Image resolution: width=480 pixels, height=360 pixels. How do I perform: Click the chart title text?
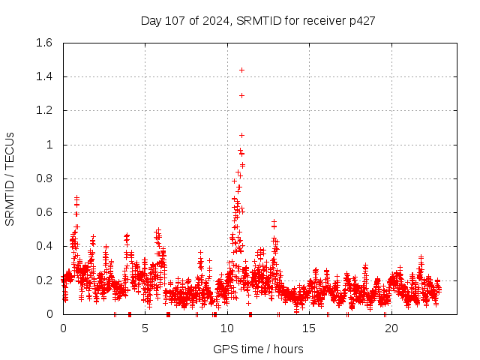click(x=258, y=20)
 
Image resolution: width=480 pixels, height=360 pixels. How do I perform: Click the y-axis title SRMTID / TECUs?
click(x=10, y=178)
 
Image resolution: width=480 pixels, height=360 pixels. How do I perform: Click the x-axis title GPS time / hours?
click(x=258, y=349)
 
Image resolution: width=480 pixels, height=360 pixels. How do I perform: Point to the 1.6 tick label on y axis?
click(x=43, y=43)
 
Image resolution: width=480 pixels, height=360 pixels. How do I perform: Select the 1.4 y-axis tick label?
click(x=43, y=76)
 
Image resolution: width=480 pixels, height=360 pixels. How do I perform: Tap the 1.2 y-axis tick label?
click(x=43, y=110)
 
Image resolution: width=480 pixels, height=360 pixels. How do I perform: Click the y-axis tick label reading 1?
click(x=49, y=145)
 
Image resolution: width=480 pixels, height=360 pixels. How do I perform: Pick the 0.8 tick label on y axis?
click(x=43, y=178)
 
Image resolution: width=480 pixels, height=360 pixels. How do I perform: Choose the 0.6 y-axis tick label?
click(x=43, y=212)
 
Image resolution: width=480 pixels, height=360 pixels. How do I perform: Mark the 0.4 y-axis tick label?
click(x=43, y=246)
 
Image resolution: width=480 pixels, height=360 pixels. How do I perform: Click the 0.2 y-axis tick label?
click(x=43, y=280)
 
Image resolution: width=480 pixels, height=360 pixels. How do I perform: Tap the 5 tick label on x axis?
click(x=145, y=328)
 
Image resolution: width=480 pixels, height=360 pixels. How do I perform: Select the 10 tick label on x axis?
click(x=227, y=328)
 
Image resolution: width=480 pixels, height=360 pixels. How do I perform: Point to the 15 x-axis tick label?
click(x=309, y=328)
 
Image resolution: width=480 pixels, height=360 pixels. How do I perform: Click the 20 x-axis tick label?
click(x=391, y=328)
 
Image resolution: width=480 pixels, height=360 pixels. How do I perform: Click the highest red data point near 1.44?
click(x=241, y=70)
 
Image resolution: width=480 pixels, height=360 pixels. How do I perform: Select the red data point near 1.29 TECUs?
click(x=241, y=95)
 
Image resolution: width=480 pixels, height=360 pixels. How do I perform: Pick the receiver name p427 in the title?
click(x=363, y=20)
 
